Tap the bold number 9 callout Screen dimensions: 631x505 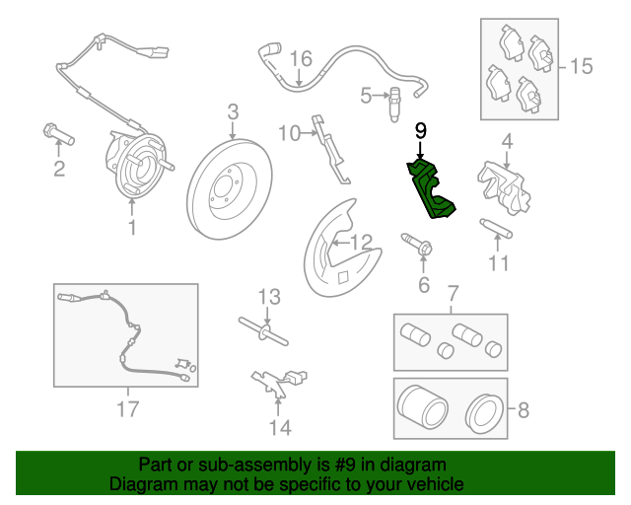(421, 131)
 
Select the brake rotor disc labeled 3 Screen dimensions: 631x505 (230, 188)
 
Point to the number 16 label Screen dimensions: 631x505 (301, 59)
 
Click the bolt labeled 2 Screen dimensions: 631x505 (59, 135)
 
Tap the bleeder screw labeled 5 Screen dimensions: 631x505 (394, 105)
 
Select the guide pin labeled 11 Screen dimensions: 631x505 (496, 229)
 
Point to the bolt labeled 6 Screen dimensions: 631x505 (417, 244)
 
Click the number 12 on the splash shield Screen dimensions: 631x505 (362, 243)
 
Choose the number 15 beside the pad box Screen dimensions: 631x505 (582, 66)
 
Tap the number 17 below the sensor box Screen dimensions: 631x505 (128, 408)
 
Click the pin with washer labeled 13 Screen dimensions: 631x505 (263, 331)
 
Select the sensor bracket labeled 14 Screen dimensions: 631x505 (279, 382)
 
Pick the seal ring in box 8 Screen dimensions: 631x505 (484, 415)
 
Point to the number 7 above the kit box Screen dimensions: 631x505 (454, 294)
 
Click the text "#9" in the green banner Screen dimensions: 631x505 (345, 465)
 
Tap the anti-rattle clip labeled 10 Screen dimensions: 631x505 (331, 150)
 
